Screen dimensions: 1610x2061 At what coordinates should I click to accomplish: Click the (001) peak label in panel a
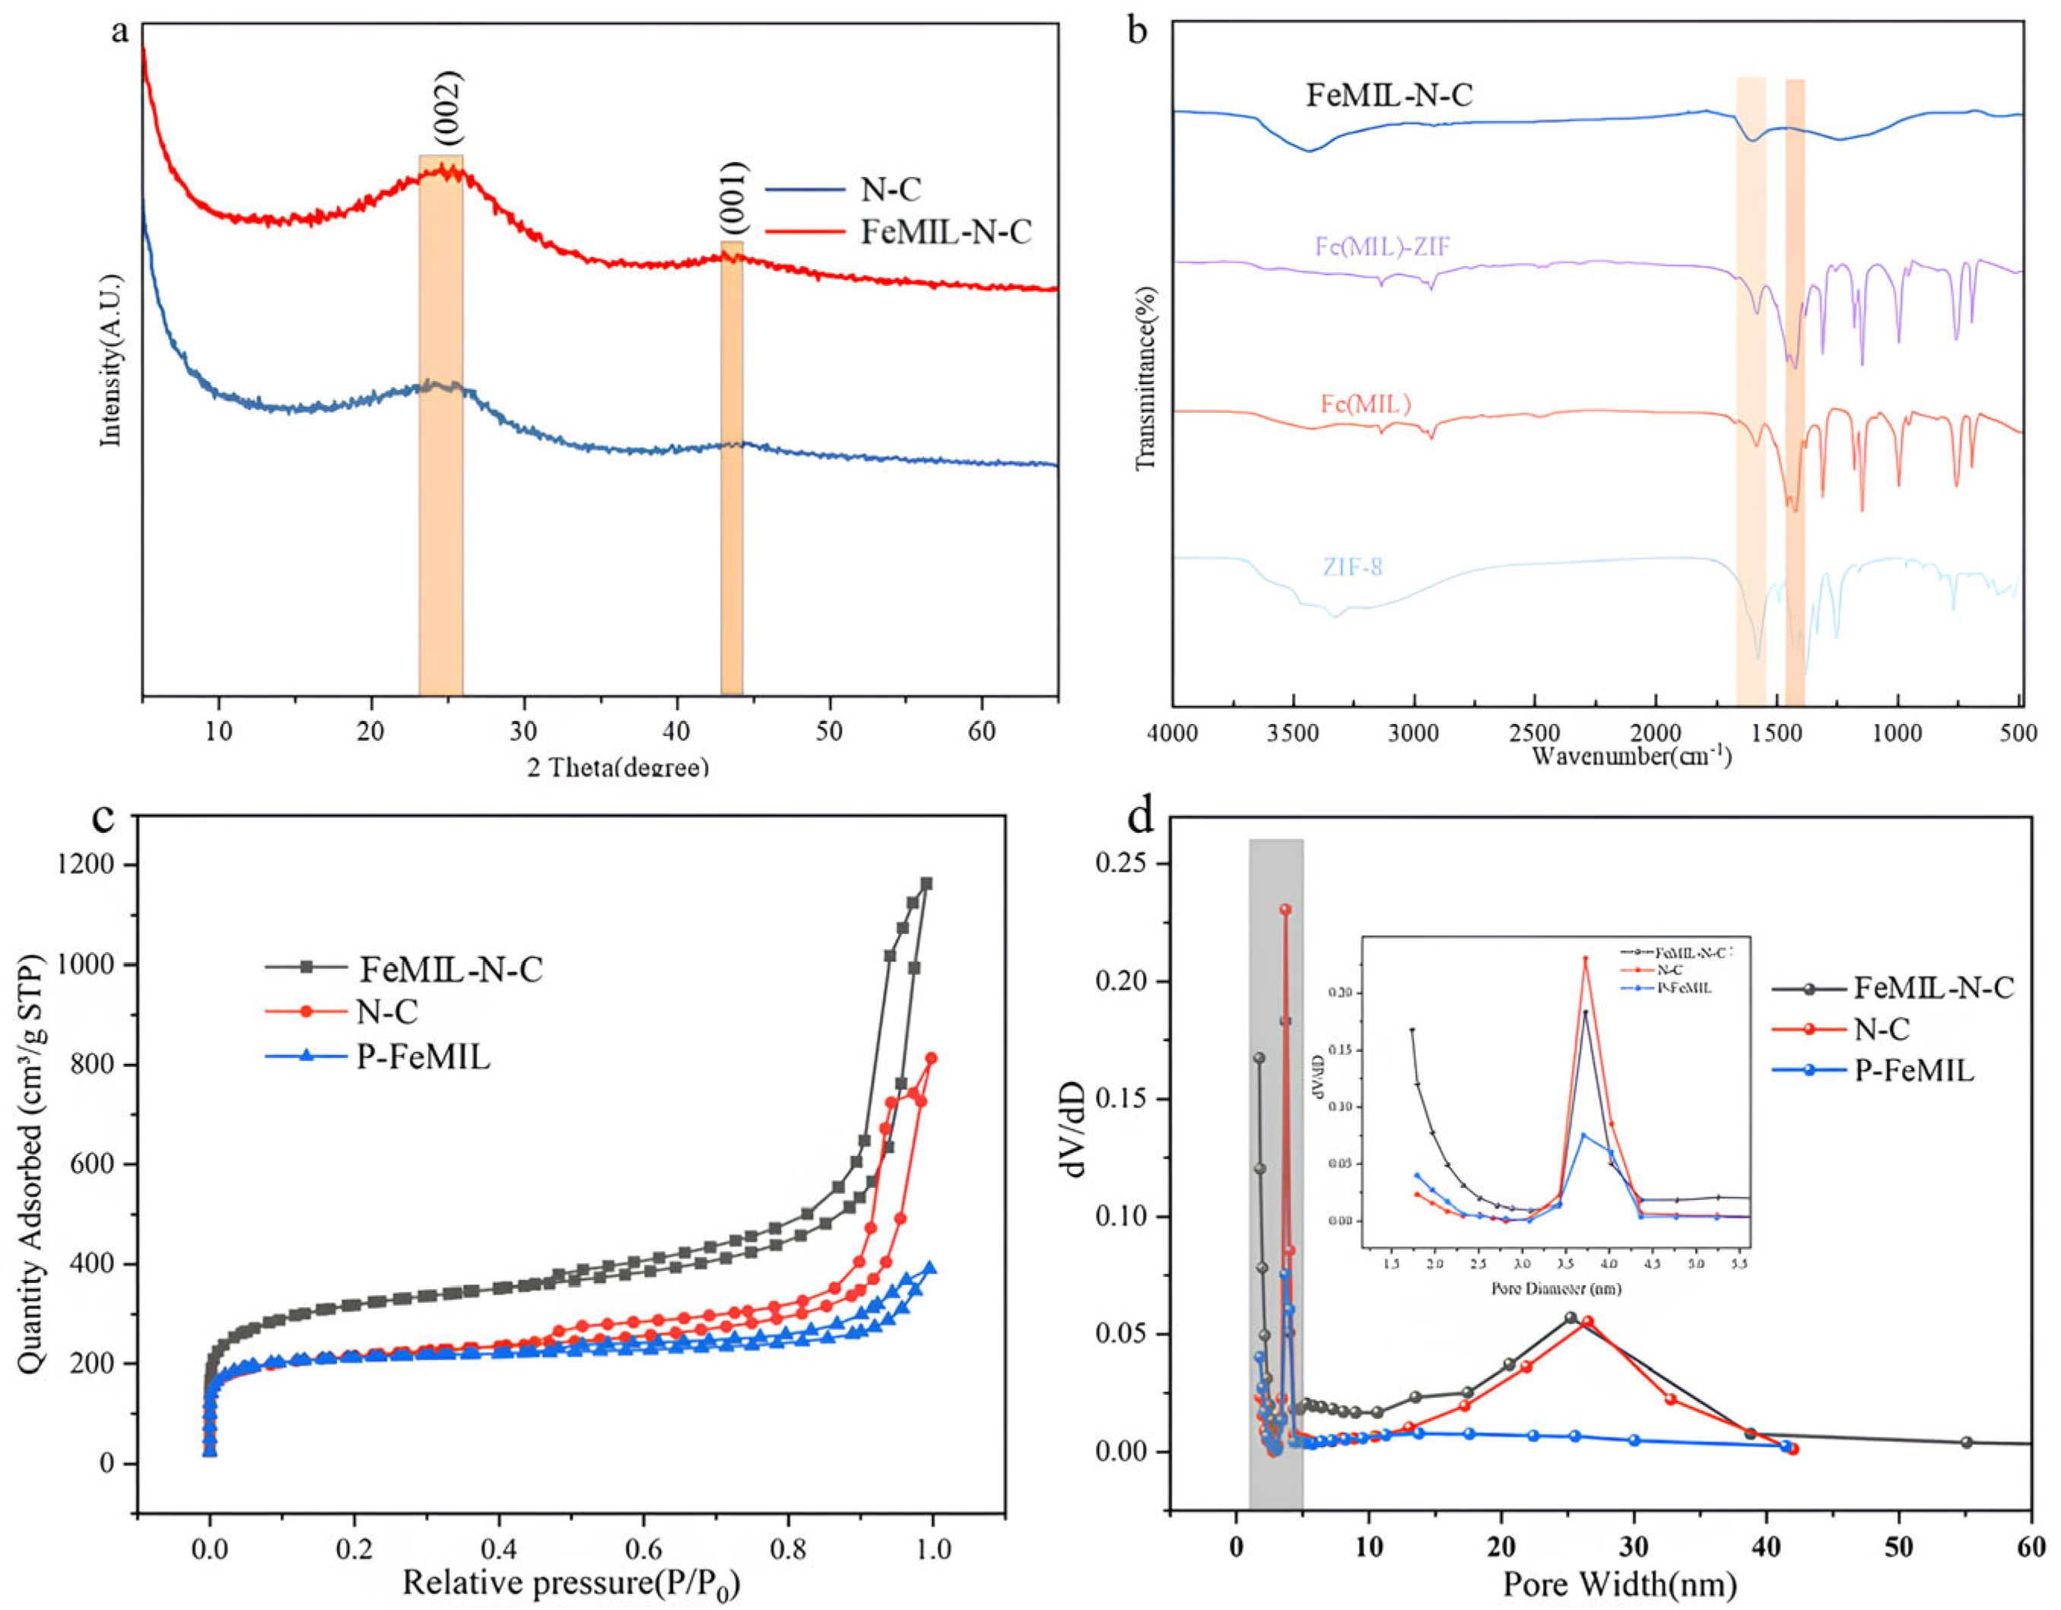click(x=733, y=198)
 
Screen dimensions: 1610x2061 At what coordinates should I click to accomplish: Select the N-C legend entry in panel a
click(x=890, y=189)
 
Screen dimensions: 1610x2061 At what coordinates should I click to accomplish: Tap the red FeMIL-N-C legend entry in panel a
click(x=945, y=232)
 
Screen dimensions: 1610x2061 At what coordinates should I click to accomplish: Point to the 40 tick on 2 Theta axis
click(x=677, y=732)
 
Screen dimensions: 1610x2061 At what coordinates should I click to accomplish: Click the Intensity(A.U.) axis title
click(x=111, y=360)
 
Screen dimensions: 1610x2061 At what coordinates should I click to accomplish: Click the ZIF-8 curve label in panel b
click(x=1352, y=568)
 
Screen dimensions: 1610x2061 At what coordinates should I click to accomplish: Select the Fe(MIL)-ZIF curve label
click(x=1382, y=247)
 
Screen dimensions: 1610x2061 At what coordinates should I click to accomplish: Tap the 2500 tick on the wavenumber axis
click(x=1535, y=733)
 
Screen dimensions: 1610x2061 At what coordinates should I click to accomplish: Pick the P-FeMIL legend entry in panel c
click(x=423, y=1058)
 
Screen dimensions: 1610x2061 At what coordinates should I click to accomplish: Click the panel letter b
click(x=1139, y=30)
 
